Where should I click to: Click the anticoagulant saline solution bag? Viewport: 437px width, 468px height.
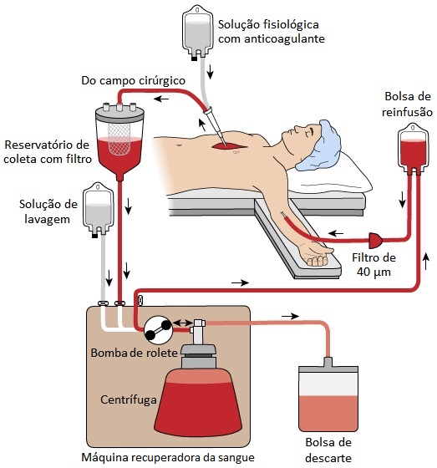pyautogui.click(x=197, y=33)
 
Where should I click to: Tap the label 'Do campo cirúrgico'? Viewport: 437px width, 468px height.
pyautogui.click(x=133, y=80)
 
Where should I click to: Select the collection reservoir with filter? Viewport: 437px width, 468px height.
pyautogui.click(x=119, y=142)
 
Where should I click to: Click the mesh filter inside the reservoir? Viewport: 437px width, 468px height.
pyautogui.click(x=119, y=139)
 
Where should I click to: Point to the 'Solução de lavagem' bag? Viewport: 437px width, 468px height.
pyautogui.click(x=98, y=210)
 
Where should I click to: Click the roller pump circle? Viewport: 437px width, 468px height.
pyautogui.click(x=158, y=330)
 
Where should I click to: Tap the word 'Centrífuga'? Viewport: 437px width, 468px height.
pyautogui.click(x=129, y=399)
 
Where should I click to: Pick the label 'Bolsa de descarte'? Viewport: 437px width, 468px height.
pyautogui.click(x=328, y=450)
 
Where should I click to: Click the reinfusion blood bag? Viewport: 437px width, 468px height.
pyautogui.click(x=414, y=150)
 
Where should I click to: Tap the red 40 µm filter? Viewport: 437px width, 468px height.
pyautogui.click(x=376, y=241)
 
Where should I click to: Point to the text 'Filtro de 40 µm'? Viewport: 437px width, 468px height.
pyautogui.click(x=373, y=265)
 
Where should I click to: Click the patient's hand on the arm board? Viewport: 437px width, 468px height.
pyautogui.click(x=317, y=254)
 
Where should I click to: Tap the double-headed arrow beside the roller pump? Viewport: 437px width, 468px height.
pyautogui.click(x=183, y=323)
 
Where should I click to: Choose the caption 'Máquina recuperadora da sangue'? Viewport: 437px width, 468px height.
pyautogui.click(x=168, y=458)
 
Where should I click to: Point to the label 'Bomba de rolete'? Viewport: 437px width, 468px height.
pyautogui.click(x=134, y=353)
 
